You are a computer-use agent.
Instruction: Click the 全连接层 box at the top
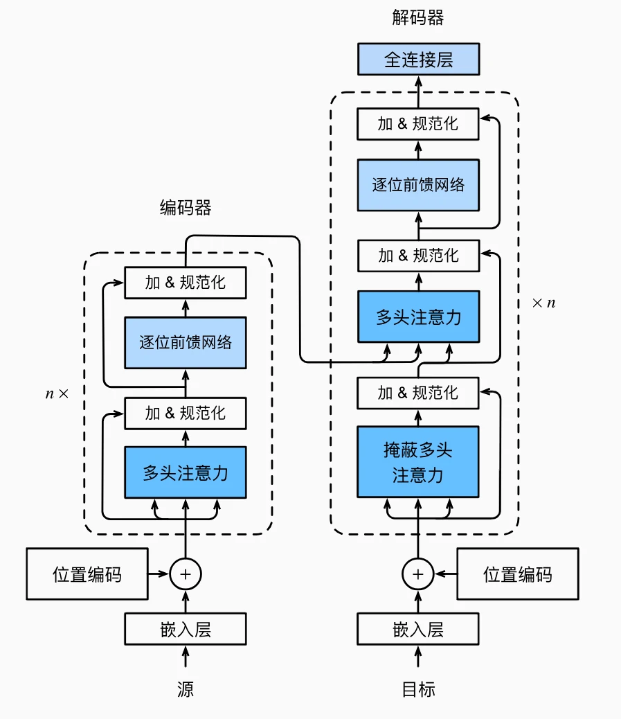coord(418,60)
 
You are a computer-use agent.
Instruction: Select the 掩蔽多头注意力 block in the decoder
coord(418,462)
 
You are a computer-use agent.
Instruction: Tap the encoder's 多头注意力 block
coord(185,472)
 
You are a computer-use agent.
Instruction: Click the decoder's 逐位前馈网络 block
coord(418,185)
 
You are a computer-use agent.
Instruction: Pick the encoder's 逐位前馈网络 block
coord(185,342)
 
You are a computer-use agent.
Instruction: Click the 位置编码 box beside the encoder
coord(87,574)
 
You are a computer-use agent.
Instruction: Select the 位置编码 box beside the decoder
coord(517,574)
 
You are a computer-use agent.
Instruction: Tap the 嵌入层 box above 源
coord(185,630)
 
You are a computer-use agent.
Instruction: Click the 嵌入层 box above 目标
coord(418,630)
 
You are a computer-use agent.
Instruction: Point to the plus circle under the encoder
coord(185,574)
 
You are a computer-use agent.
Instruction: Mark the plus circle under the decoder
coord(418,574)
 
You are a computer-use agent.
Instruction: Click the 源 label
coord(185,689)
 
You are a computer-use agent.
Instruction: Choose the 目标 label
coord(418,689)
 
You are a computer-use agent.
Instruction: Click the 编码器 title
coord(185,208)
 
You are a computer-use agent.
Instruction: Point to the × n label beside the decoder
coord(543,303)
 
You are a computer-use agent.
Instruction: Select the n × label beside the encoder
coord(57,393)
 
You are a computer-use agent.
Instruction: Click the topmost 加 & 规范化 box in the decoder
coord(418,124)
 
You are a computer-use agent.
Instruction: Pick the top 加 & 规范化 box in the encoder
coord(185,283)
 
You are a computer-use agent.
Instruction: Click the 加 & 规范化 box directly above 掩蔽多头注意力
coord(418,393)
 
